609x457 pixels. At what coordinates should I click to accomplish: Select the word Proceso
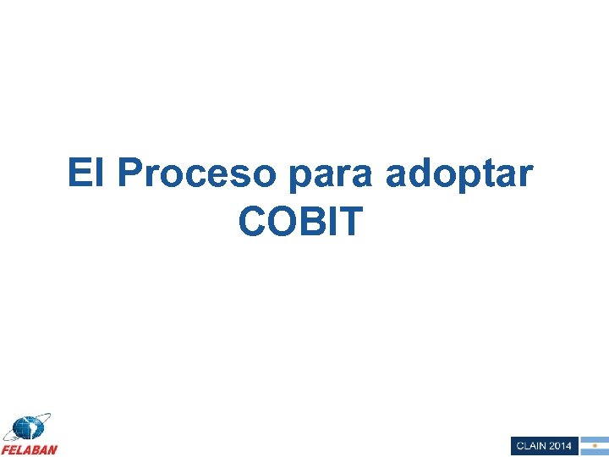(197, 173)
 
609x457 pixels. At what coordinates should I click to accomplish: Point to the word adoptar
(459, 175)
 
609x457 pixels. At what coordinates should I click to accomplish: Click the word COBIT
(301, 223)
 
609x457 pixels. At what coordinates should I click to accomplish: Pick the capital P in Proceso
(130, 173)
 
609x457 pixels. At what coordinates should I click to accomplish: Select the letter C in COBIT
(253, 223)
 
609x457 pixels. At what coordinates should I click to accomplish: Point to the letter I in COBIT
(332, 223)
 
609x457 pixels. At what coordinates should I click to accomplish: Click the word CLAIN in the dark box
(531, 446)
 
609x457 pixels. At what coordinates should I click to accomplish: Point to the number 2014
(560, 446)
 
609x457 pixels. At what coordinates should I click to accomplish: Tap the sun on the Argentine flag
(594, 445)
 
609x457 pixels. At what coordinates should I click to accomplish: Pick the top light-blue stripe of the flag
(594, 439)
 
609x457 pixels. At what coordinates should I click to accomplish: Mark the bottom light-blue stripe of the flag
(594, 452)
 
